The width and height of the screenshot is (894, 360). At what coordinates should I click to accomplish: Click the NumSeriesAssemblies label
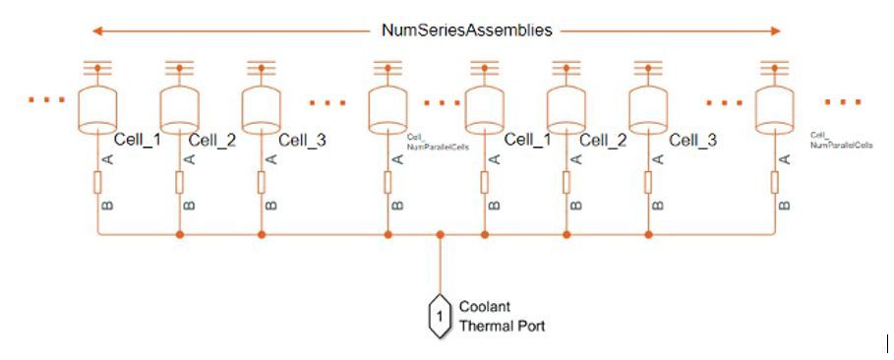click(466, 30)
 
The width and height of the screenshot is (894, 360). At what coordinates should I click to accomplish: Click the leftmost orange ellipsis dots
click(47, 101)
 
